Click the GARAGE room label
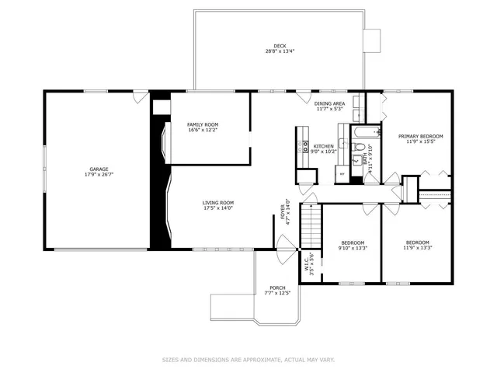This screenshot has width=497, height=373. pos(98,169)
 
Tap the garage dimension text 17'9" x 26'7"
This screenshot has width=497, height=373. pos(98,174)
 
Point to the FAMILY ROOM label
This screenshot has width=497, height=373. pos(202,124)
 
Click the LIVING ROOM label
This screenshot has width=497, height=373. pos(218,203)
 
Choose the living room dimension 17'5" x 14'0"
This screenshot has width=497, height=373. pos(218,208)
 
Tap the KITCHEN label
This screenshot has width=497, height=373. pos(324,146)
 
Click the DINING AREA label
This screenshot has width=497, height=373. pos(329,103)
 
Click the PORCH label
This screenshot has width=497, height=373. pos(277,288)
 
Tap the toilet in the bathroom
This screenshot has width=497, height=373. pos(356,160)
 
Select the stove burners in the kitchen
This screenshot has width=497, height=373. pos(305,145)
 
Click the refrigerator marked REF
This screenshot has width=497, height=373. pos(342,174)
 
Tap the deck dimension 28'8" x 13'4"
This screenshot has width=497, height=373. pos(280,52)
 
